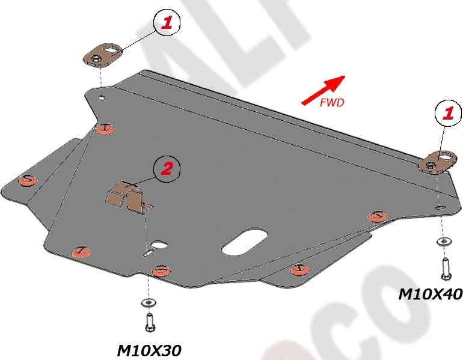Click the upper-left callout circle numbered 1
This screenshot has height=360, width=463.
tap(167, 23)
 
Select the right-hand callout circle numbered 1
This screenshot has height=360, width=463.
tap(448, 112)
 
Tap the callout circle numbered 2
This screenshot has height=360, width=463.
tap(166, 169)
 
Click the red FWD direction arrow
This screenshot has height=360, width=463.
tap(323, 90)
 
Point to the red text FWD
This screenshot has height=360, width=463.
tap(332, 103)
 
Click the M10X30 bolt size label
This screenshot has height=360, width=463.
tap(149, 350)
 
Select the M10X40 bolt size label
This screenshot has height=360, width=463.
tap(431, 294)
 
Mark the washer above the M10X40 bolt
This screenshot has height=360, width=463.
tap(443, 242)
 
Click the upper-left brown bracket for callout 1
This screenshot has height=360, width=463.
tap(102, 53)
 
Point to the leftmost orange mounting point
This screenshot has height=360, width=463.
tap(27, 180)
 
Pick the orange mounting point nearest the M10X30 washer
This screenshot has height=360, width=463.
tap(160, 270)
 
